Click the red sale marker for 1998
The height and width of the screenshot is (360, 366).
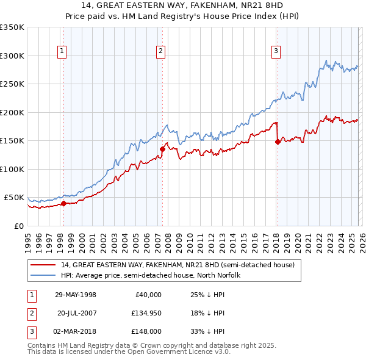coord(63,204)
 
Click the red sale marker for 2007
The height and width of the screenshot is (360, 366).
coord(162,149)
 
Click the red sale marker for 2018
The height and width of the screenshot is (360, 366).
coord(278,142)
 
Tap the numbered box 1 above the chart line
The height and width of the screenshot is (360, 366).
coord(62,51)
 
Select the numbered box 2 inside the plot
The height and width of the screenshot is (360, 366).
coord(160,51)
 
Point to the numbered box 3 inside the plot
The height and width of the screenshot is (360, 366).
coord(276,51)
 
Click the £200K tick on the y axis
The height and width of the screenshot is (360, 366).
coord(12,112)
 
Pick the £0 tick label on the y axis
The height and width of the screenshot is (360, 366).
coord(18,226)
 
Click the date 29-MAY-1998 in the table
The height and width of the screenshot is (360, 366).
coord(76,295)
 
